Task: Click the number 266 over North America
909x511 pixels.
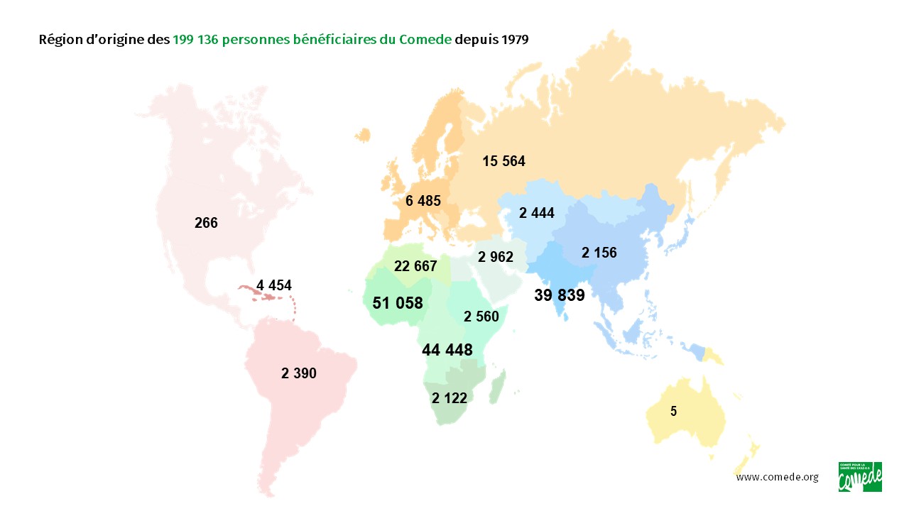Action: coord(206,223)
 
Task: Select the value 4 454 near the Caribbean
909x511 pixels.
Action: coord(274,285)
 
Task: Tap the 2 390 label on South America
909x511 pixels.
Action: coord(299,373)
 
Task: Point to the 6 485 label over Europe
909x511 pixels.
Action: coord(423,201)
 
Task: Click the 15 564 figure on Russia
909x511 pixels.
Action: coord(504,161)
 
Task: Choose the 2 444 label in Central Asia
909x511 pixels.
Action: coord(537,212)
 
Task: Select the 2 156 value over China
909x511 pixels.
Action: coord(599,252)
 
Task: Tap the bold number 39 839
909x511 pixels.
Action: coord(560,295)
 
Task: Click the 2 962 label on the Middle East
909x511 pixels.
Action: coord(496,257)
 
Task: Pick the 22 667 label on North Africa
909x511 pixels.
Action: coord(416,265)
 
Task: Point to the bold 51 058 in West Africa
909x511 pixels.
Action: coord(398,303)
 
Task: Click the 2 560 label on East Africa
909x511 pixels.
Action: coord(481,317)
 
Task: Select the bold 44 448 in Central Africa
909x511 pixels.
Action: coord(447,350)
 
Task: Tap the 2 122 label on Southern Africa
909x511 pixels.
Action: coord(450,398)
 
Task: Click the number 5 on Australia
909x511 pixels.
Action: coord(673,410)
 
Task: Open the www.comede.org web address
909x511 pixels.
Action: coord(777,477)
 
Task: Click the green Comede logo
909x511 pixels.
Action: coord(860,476)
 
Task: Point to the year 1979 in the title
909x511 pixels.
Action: coord(514,40)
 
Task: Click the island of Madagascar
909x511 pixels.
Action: coord(498,384)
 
